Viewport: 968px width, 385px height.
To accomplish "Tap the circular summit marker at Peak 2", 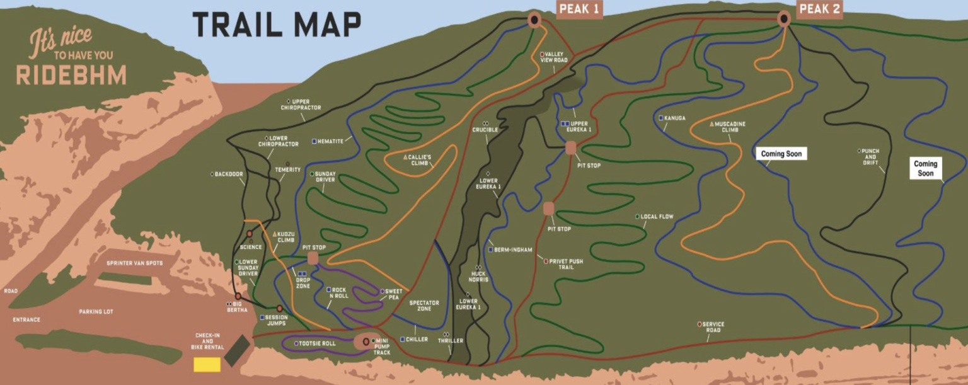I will pyautogui.click(x=784, y=18).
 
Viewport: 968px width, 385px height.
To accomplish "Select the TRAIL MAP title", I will pyautogui.click(x=277, y=25).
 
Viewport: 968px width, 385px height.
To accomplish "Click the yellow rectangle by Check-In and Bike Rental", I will pyautogui.click(x=207, y=364).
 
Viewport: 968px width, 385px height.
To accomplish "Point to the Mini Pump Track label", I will pyautogui.click(x=382, y=347).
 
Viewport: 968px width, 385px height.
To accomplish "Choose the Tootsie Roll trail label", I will pyautogui.click(x=318, y=343).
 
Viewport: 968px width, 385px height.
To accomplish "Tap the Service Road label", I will pyautogui.click(x=713, y=327).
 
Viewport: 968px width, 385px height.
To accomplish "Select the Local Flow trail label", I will pyautogui.click(x=657, y=217).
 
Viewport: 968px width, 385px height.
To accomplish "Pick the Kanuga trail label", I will pyautogui.click(x=674, y=118).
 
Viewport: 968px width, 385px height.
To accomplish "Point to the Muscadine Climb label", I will pyautogui.click(x=730, y=127).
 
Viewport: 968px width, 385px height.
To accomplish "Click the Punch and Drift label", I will pyautogui.click(x=870, y=157).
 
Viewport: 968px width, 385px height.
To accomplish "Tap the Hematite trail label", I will pyautogui.click(x=330, y=141).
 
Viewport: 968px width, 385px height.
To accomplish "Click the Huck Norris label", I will pyautogui.click(x=478, y=276).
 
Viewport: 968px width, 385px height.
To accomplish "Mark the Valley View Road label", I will pyautogui.click(x=554, y=57).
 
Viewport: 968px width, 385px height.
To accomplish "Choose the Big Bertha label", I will pyautogui.click(x=238, y=307).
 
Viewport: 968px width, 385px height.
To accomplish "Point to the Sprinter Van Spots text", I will pyautogui.click(x=135, y=263).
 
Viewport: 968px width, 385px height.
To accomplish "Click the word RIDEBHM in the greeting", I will pyautogui.click(x=71, y=75).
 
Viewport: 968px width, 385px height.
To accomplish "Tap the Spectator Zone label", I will pyautogui.click(x=424, y=306).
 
